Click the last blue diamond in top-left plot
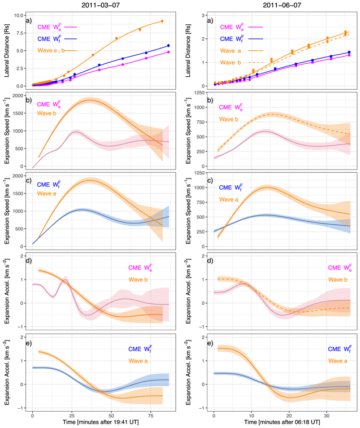point(168,45)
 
